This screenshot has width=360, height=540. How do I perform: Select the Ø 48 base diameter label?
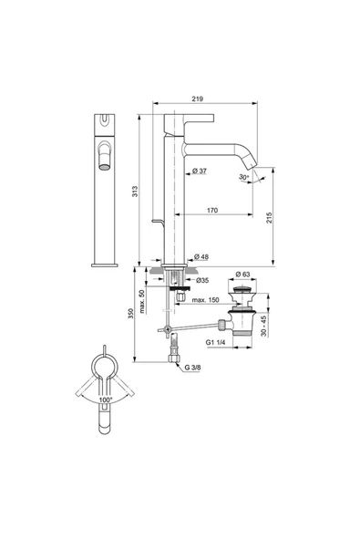[205, 258]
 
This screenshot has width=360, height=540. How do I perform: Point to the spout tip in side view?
[254, 171]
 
